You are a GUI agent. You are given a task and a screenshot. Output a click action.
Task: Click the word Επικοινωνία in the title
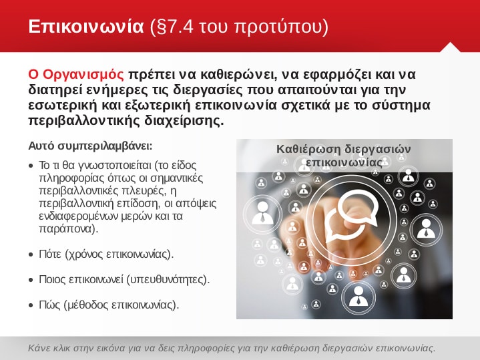coord(86,26)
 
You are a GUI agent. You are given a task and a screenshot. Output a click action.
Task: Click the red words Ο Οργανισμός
coord(76,74)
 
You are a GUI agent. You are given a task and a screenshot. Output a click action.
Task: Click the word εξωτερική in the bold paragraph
coord(158,106)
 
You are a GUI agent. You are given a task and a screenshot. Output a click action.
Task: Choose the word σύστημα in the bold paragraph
coord(401,106)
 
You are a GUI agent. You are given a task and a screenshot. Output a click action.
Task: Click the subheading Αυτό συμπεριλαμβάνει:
coord(90,146)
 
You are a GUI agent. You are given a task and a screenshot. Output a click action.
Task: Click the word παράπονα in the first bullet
coord(69,229)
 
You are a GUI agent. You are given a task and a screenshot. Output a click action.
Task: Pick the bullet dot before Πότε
coord(31,254)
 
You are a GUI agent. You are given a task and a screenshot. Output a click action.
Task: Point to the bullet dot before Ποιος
coord(31,280)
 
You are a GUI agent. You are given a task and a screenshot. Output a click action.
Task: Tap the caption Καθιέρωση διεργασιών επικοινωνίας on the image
coord(344,156)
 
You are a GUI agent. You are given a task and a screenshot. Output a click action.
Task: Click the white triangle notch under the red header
coord(450,48)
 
